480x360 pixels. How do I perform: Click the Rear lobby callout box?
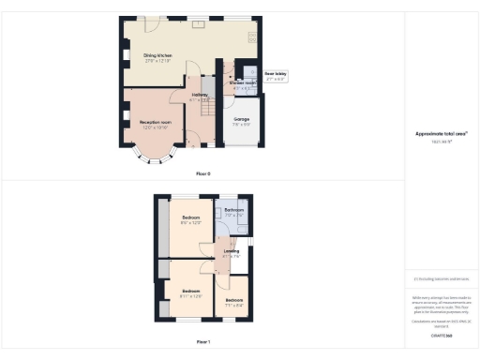[x=275, y=76]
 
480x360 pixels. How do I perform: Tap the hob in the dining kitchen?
[x=251, y=37]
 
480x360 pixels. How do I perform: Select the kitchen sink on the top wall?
[x=198, y=24]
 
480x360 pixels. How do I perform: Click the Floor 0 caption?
[x=203, y=174]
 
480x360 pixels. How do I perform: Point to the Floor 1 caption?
[x=203, y=344]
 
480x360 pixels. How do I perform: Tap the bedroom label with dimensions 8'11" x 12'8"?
[x=190, y=292]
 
